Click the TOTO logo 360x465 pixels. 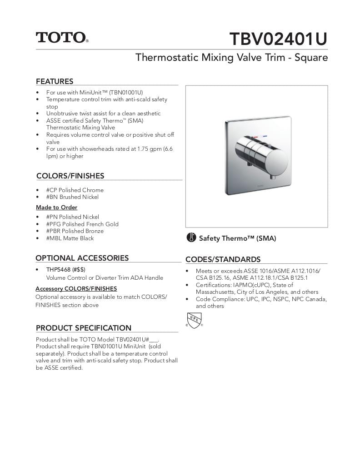(62, 38)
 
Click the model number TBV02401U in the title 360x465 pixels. (278, 39)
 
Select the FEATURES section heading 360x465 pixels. (55, 82)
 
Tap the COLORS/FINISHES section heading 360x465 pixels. (70, 176)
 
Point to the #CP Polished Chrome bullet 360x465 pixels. (75, 190)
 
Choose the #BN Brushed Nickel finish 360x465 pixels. (72, 197)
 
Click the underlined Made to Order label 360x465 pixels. (57, 208)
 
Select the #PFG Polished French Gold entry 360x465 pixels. (82, 224)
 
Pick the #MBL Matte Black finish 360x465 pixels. (70, 238)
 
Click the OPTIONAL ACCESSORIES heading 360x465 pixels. (82, 258)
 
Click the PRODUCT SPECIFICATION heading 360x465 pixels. (83, 328)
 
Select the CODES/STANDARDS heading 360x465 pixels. (223, 260)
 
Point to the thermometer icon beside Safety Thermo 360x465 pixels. (191, 238)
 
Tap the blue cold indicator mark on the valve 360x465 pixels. (265, 136)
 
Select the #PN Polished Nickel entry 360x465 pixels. (72, 217)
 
